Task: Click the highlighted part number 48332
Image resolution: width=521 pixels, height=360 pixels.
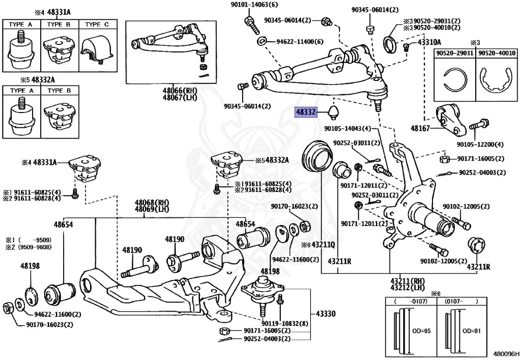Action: (x=305, y=113)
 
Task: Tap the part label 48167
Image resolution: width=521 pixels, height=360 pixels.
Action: (x=420, y=128)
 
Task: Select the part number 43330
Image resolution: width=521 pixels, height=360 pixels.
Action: (x=326, y=314)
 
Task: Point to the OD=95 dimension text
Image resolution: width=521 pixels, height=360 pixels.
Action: (x=421, y=331)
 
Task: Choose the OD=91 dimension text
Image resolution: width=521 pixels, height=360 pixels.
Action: (x=472, y=331)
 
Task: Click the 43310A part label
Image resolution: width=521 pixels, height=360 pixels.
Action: (x=429, y=42)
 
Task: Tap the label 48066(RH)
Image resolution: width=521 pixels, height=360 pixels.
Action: (x=180, y=91)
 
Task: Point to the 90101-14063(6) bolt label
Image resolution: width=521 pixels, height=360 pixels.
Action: (x=254, y=5)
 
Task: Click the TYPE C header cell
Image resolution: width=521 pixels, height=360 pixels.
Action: (x=97, y=24)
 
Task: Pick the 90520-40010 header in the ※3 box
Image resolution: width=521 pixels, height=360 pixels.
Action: (x=497, y=53)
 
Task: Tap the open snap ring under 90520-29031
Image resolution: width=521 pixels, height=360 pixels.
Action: (x=455, y=80)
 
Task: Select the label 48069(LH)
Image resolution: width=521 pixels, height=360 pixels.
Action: (x=152, y=209)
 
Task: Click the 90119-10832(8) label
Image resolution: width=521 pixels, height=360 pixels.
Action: (x=285, y=323)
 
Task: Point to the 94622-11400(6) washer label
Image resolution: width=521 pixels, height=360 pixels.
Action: (x=300, y=42)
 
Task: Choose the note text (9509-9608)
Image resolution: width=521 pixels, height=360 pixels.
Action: (x=35, y=247)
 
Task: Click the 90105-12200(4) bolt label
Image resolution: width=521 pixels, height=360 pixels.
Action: (x=480, y=144)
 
